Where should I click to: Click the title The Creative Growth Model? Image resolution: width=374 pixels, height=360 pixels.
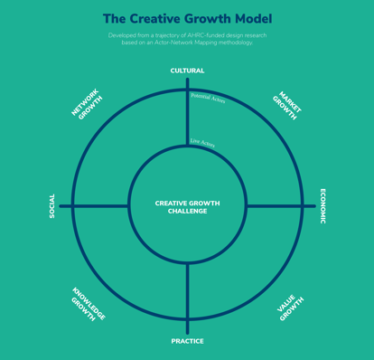coord(187,18)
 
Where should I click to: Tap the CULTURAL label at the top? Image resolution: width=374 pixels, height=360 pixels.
coord(187,71)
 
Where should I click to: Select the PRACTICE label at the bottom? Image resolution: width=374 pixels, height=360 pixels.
coord(187,341)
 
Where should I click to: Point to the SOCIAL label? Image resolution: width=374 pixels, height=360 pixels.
coord(51,205)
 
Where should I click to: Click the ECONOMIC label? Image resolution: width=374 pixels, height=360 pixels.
coord(323,205)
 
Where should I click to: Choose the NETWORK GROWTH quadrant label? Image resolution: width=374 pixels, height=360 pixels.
coord(87,105)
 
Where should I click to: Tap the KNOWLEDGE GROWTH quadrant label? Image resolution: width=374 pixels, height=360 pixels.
coord(88,305)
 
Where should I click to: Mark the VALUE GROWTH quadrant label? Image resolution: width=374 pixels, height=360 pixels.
coord(289,308)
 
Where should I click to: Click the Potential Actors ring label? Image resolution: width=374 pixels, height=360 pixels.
coord(208,97)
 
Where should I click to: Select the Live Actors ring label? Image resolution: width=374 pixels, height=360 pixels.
coord(202,143)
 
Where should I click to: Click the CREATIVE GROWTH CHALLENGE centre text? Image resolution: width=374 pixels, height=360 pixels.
coord(187,207)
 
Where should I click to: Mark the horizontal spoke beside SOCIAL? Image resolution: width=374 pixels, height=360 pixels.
coord(99,206)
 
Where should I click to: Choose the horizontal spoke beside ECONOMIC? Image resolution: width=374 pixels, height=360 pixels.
coord(276,206)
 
